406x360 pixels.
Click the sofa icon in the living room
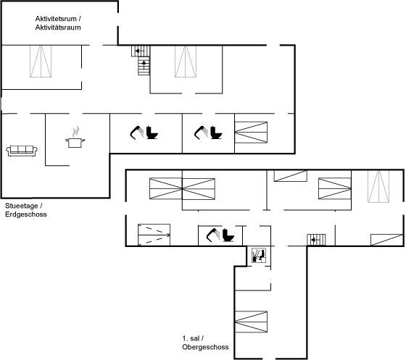click(x=22, y=151)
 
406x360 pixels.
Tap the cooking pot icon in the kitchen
click(x=75, y=143)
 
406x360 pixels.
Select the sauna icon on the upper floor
click(x=259, y=256)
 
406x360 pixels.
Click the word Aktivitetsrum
click(x=56, y=19)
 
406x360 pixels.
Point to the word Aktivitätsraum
click(x=58, y=28)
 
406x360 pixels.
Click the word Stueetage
click(x=22, y=206)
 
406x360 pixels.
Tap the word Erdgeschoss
click(x=26, y=214)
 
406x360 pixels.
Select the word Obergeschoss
click(x=205, y=347)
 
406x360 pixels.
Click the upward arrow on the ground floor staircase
click(x=144, y=64)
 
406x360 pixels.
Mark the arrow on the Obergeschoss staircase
click(x=315, y=240)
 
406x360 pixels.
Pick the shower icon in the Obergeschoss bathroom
click(x=213, y=235)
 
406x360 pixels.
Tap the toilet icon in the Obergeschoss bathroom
click(x=228, y=235)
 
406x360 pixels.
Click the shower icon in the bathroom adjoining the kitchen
click(x=137, y=133)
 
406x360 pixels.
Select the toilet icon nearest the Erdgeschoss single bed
click(x=216, y=133)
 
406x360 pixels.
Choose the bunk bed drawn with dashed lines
click(x=154, y=235)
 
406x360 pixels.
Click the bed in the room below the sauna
click(x=251, y=322)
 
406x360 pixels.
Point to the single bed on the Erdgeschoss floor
click(x=251, y=132)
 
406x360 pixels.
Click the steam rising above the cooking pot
click(x=75, y=132)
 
